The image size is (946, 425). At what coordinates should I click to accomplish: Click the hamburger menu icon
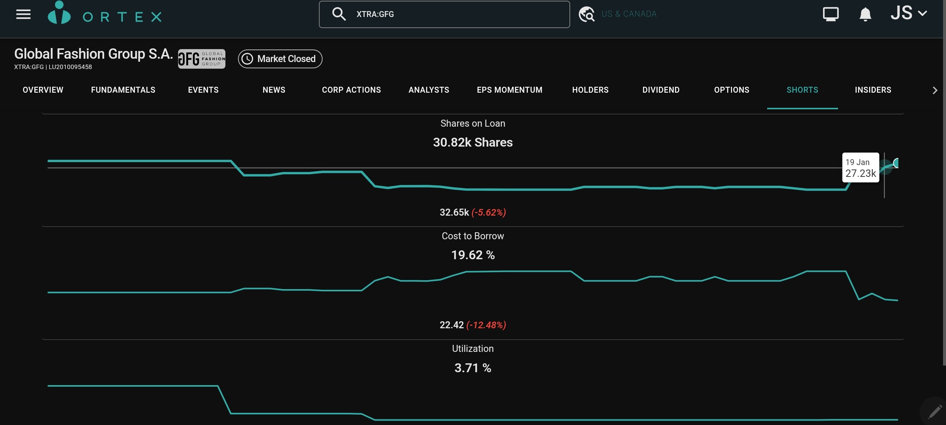(23, 15)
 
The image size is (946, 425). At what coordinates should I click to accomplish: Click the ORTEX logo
(105, 15)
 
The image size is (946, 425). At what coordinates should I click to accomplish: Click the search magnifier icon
(338, 14)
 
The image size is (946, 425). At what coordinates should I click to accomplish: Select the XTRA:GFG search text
(375, 14)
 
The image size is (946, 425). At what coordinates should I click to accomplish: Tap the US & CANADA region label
(629, 14)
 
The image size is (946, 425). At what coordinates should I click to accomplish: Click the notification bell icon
(865, 15)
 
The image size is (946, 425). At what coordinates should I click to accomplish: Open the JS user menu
(908, 13)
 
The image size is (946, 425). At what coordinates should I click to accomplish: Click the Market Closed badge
(280, 59)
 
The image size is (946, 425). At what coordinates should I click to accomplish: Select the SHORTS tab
(802, 90)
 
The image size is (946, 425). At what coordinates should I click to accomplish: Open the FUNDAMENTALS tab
(123, 90)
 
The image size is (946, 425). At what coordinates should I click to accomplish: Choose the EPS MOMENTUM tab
(510, 90)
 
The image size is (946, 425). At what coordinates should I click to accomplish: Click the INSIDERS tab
(873, 90)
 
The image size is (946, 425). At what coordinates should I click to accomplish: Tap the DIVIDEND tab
(661, 90)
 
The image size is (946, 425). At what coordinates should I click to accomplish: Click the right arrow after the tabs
(935, 90)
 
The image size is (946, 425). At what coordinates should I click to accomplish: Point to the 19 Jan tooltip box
(860, 168)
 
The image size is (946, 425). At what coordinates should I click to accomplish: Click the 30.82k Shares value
(473, 143)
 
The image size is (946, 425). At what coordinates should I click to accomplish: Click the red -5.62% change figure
(489, 213)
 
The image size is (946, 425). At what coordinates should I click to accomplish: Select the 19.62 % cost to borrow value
(473, 255)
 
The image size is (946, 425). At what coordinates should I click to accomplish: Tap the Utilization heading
(473, 349)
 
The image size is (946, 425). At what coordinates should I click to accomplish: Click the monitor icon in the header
(831, 14)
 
